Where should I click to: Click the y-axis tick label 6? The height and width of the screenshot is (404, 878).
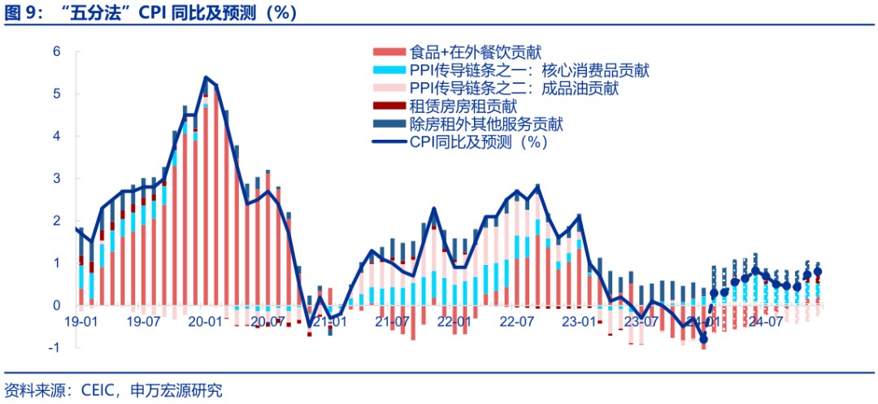coord(57,52)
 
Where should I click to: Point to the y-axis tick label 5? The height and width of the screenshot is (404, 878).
coord(57,94)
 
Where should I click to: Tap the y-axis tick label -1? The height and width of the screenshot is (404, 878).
coord(54,348)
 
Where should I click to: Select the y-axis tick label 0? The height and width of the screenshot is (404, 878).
coord(57,306)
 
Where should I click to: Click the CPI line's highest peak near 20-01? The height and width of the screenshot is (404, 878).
coord(206,78)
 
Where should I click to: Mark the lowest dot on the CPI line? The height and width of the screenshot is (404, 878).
coord(703,339)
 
